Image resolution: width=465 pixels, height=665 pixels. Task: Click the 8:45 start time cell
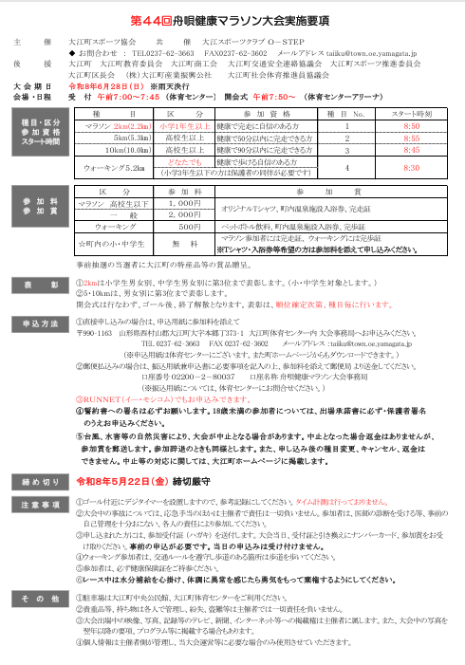click(411, 150)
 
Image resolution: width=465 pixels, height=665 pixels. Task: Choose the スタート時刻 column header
click(411, 112)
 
